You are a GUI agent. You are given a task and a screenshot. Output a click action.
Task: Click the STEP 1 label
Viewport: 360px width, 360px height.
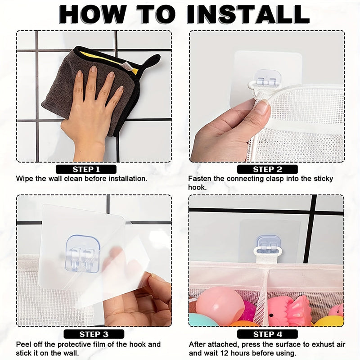pyautogui.click(x=86, y=169)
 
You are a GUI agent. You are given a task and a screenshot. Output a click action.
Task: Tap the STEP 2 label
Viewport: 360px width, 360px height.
pyautogui.click(x=267, y=169)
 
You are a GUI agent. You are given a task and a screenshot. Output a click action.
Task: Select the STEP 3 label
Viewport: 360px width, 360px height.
pyautogui.click(x=93, y=334)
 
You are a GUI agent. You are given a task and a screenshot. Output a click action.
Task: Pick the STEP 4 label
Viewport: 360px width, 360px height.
pyautogui.click(x=267, y=334)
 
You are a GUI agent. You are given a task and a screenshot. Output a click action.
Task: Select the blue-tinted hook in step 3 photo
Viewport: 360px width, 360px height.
pyautogui.click(x=82, y=253)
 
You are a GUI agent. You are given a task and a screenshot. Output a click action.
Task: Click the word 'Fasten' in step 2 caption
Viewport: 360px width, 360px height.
pyautogui.click(x=199, y=179)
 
